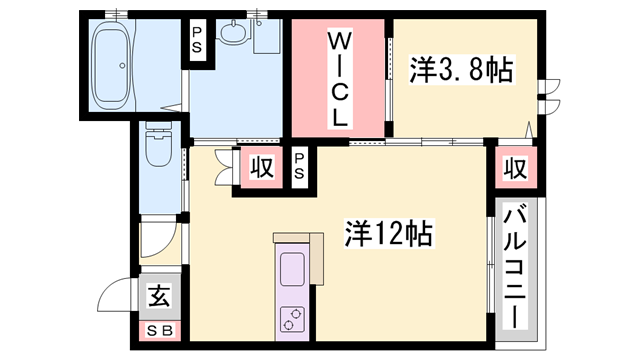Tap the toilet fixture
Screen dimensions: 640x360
159,144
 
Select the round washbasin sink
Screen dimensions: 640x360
234,32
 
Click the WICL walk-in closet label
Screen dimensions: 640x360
339,80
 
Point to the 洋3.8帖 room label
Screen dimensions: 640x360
461,69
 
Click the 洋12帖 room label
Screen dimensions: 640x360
389,233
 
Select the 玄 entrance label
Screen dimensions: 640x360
159,296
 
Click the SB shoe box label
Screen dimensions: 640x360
160,331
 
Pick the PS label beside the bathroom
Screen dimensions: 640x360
197,40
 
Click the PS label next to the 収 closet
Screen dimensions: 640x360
299,167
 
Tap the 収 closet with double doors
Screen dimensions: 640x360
262,167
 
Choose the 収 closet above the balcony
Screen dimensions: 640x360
516,167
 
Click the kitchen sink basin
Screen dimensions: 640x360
292,270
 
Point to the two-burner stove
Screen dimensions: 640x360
292,319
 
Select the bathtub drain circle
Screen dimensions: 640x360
122,65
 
